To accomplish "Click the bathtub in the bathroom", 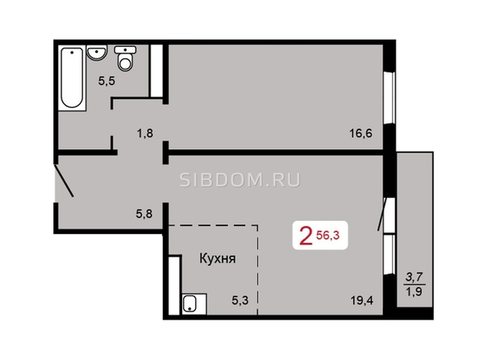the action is pyautogui.click(x=72, y=78).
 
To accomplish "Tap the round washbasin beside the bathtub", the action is pyautogui.click(x=97, y=52).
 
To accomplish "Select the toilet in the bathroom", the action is pyautogui.click(x=125, y=58).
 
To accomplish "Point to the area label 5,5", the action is pyautogui.click(x=106, y=81).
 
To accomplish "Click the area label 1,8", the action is pyautogui.click(x=145, y=133).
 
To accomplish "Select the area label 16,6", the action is pyautogui.click(x=361, y=133).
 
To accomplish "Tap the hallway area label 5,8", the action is pyautogui.click(x=144, y=213).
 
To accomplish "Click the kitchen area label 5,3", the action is pyautogui.click(x=240, y=300).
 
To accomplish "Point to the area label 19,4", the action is pyautogui.click(x=362, y=300).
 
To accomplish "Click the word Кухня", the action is pyautogui.click(x=218, y=259).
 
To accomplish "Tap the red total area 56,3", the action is pyautogui.click(x=327, y=235).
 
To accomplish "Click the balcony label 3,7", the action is pyautogui.click(x=414, y=278).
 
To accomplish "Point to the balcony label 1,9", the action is pyautogui.click(x=414, y=291).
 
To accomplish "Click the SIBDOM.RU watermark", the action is pyautogui.click(x=240, y=180).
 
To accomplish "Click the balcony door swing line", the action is pyautogui.click(x=383, y=214).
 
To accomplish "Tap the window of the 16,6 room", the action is pyautogui.click(x=390, y=98).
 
